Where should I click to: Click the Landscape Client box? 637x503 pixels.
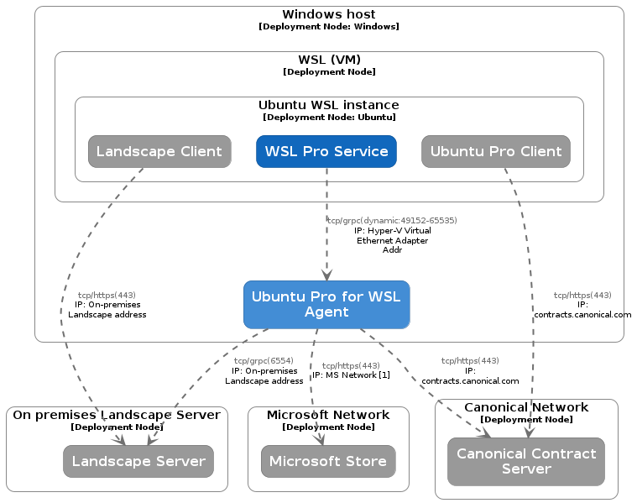coord(159,151)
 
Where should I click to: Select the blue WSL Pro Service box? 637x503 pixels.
coord(326,151)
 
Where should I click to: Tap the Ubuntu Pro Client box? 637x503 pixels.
coord(496,151)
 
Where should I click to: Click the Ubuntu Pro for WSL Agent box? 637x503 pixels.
coord(326,304)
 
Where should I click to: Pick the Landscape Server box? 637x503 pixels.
coord(138,461)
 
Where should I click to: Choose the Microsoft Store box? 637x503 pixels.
coord(328,461)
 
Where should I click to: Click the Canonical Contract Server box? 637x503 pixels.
coord(526,461)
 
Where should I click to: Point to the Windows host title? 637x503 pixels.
coord(329,14)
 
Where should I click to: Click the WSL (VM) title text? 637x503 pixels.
coord(329,60)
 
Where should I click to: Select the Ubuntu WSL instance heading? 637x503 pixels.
coord(329,105)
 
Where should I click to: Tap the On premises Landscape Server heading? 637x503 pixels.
coord(117,415)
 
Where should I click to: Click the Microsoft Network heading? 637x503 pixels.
coord(328,415)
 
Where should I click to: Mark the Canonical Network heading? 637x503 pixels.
coord(526,407)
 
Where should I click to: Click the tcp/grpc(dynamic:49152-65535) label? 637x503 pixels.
coord(392,221)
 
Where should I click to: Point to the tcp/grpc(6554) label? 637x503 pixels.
coord(264,360)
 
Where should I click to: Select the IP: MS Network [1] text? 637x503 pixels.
coord(351,375)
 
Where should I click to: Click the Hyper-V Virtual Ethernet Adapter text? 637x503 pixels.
coord(393,235)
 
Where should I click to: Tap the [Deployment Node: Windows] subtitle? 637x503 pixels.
coord(329,27)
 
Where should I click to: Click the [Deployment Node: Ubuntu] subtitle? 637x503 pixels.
coord(329,118)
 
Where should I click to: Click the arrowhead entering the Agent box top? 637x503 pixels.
coord(326,275)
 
